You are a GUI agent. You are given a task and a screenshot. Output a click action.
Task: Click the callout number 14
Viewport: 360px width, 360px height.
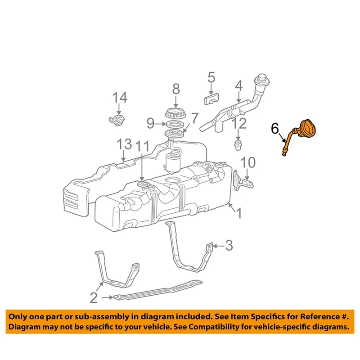pos(120,98)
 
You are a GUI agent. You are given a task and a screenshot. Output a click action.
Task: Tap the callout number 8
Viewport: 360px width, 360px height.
pos(176,89)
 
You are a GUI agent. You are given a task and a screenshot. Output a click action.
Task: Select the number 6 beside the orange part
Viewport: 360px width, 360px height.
pos(274,129)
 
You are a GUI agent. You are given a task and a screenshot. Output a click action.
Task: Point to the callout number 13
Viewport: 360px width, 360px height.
pos(124,144)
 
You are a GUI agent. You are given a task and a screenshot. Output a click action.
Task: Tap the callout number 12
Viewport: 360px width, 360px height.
pos(239,122)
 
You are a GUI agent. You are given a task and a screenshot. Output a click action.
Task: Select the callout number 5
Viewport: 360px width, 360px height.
pos(211,78)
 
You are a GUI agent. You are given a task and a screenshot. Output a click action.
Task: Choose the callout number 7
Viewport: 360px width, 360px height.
pos(194,119)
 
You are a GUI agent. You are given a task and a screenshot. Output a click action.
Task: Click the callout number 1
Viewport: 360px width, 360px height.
pos(239,213)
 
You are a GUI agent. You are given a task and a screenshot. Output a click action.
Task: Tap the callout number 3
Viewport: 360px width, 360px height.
pos(229,246)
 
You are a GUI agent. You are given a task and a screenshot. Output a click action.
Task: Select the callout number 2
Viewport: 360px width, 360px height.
pos(93,297)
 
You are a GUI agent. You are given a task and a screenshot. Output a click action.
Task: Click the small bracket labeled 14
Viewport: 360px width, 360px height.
pos(117,120)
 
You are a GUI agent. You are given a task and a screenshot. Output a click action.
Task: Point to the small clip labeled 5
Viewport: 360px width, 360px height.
pos(211,98)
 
